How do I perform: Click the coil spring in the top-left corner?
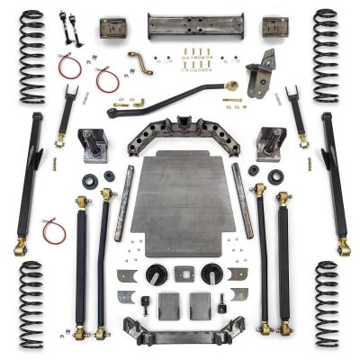[32, 56]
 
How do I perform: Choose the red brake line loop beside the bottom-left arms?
[54, 230]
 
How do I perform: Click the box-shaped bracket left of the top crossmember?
[113, 27]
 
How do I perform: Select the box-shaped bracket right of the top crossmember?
[274, 27]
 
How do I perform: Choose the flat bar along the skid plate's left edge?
[123, 202]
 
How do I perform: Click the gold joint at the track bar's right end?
[233, 86]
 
